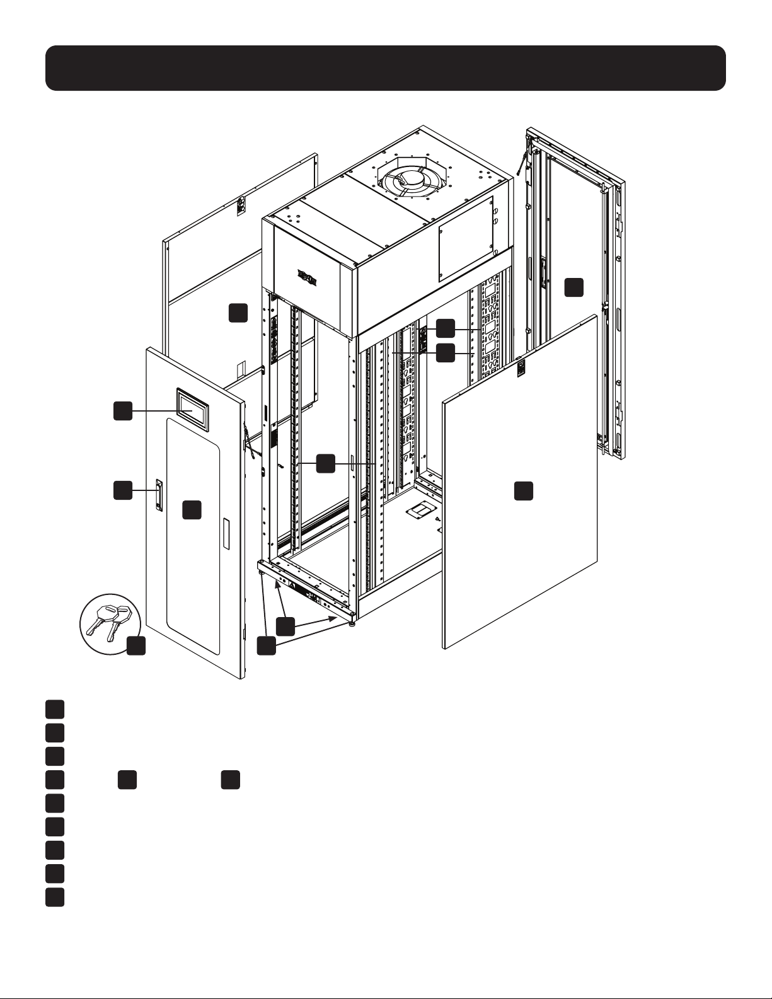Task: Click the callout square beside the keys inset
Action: [136, 645]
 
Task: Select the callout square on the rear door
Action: [573, 287]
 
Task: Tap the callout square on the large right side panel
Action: [524, 491]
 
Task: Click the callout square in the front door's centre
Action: [192, 509]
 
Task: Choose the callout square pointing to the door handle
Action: [122, 490]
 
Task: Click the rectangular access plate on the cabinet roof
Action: [464, 240]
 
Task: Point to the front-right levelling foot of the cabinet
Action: [350, 623]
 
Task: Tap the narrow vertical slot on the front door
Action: [227, 533]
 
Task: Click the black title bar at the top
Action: [386, 67]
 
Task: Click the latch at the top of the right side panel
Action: [521, 368]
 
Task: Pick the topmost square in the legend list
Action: [54, 708]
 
